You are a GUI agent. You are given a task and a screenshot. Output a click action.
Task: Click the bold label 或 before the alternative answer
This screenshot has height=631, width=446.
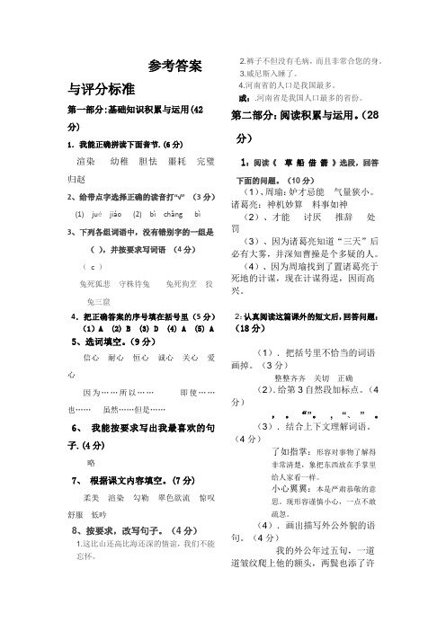pos(243,96)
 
